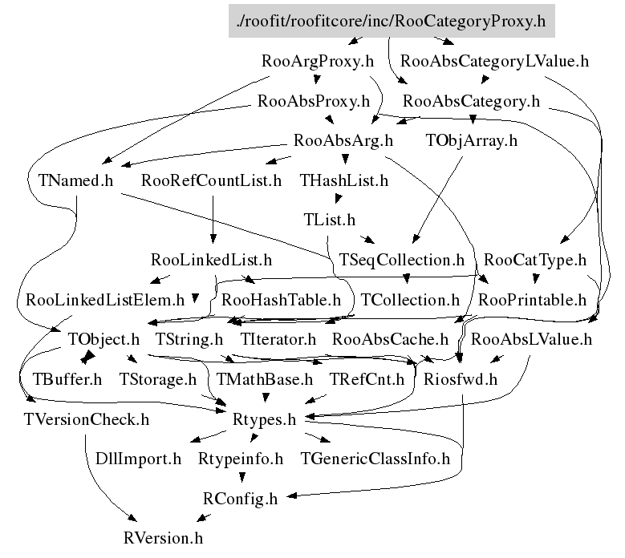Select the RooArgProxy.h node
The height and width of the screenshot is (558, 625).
click(x=319, y=61)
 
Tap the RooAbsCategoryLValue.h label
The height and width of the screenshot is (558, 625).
click(x=494, y=61)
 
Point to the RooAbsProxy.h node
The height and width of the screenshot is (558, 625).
click(x=313, y=102)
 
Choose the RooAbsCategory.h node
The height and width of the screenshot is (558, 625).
click(x=471, y=102)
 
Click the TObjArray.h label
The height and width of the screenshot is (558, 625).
click(x=472, y=141)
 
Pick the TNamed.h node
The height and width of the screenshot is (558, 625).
click(x=75, y=180)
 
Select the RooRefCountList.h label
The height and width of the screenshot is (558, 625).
click(x=211, y=180)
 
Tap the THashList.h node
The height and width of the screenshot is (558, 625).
click(x=343, y=180)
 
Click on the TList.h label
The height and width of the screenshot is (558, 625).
click(x=329, y=219)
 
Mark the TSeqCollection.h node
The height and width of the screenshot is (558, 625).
click(x=402, y=260)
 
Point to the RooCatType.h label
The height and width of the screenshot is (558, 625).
click(x=535, y=260)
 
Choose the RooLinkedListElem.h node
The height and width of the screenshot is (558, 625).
click(x=105, y=301)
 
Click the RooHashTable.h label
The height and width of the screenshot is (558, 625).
click(x=281, y=301)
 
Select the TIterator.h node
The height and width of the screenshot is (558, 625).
click(x=278, y=340)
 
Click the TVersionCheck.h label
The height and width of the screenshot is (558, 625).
click(x=87, y=418)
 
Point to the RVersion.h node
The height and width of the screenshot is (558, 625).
click(x=164, y=538)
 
